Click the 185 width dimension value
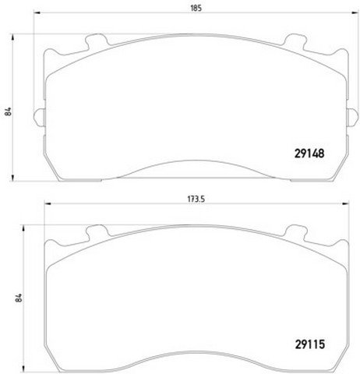[x=196, y=8]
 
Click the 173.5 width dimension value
[x=196, y=199]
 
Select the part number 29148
[x=309, y=153]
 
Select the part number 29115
[x=310, y=344]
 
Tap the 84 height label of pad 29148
[x=9, y=111]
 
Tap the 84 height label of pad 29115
[x=19, y=298]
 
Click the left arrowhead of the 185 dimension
[x=37, y=12]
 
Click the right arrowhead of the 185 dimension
[x=355, y=12]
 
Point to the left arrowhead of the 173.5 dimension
[x=48, y=203]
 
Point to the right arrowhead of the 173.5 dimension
[x=345, y=203]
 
